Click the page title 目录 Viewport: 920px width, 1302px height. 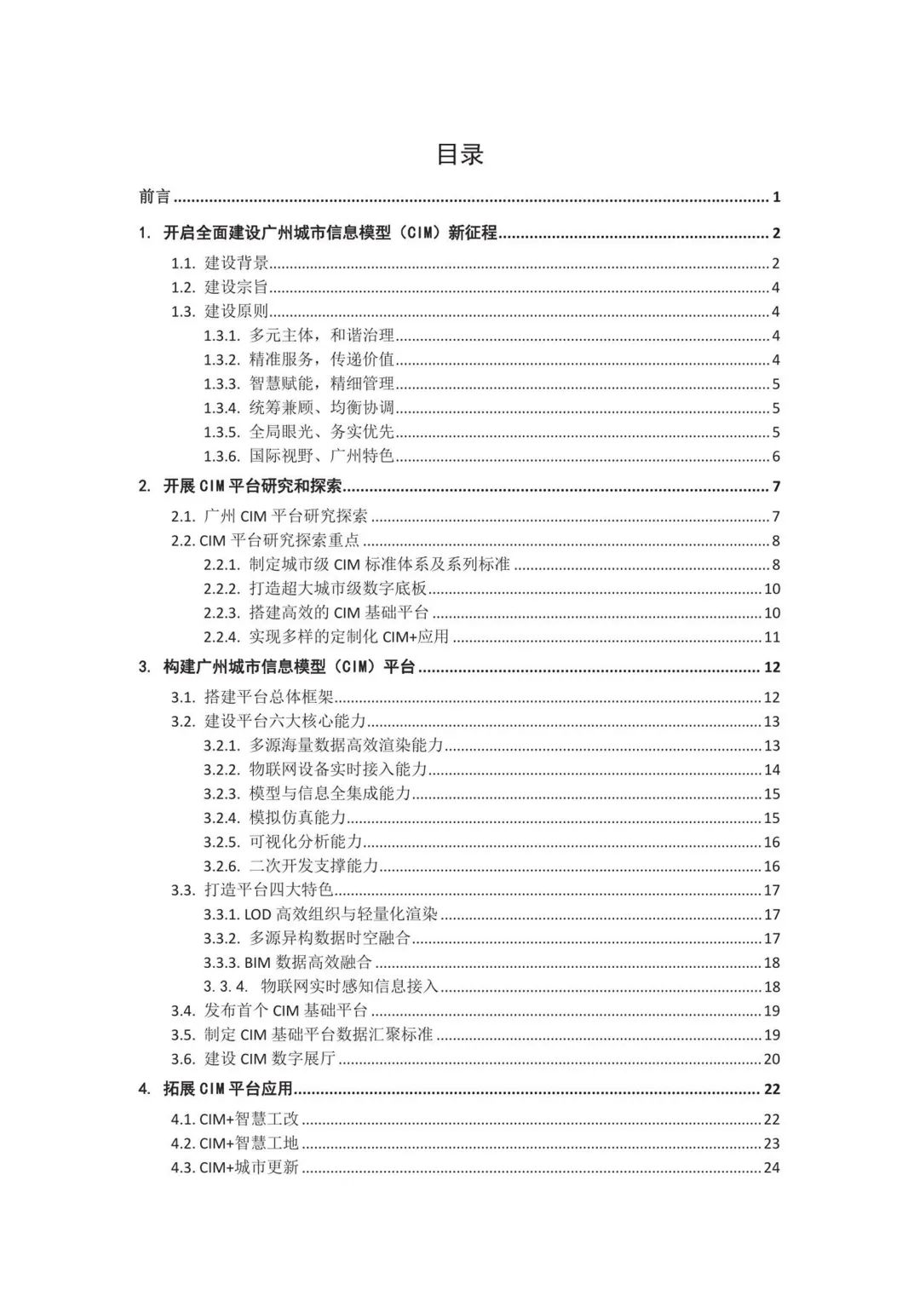click(x=460, y=154)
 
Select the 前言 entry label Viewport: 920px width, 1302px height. click(x=155, y=197)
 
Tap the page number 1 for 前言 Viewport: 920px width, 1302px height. click(x=776, y=197)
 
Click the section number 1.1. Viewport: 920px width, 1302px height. click(x=183, y=263)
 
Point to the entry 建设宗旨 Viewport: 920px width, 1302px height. click(x=237, y=287)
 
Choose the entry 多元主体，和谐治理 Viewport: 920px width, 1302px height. click(x=322, y=336)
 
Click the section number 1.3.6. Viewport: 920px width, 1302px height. click(x=221, y=456)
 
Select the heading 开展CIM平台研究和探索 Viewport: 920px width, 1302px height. click(x=252, y=487)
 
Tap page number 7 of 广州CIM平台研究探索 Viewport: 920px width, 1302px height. click(x=776, y=516)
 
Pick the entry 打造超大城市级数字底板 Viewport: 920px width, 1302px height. click(x=338, y=589)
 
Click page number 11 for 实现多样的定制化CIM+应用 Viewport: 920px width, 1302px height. click(x=772, y=637)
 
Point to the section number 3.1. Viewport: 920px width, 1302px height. click(x=183, y=697)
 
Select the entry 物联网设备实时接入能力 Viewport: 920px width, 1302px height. click(x=338, y=769)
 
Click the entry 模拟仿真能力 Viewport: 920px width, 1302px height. click(x=297, y=818)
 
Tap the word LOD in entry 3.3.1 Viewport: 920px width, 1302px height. click(x=257, y=914)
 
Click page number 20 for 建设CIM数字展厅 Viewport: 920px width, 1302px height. click(x=772, y=1059)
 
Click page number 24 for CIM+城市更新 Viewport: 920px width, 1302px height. click(x=772, y=1167)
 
